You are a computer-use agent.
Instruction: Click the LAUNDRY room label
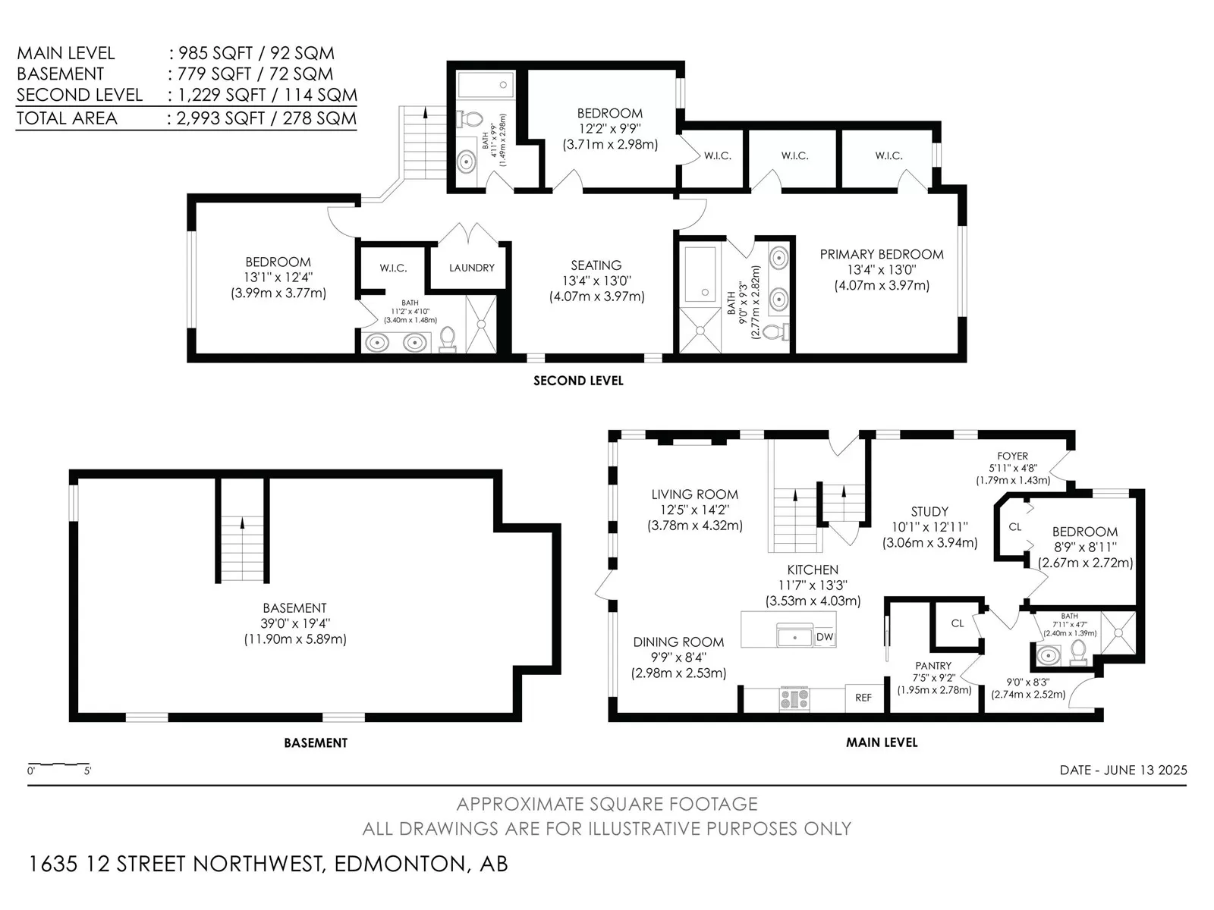(471, 268)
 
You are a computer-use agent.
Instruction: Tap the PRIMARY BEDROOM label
(882, 255)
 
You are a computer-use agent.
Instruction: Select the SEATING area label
(596, 265)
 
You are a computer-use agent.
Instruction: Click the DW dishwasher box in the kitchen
(825, 637)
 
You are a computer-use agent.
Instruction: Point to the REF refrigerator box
(863, 698)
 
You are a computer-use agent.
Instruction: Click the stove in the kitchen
(794, 698)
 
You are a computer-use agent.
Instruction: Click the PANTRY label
(933, 666)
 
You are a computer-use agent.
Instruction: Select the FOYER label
(1013, 456)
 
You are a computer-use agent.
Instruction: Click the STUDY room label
(929, 512)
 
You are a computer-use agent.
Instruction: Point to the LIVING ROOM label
(695, 494)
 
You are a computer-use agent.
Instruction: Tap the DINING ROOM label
(678, 642)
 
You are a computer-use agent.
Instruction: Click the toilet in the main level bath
(1078, 654)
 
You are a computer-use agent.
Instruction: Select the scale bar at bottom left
(58, 764)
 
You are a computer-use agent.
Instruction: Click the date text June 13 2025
(1146, 770)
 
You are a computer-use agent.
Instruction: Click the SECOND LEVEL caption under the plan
(578, 381)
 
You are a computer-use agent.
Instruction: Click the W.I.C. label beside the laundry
(393, 268)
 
